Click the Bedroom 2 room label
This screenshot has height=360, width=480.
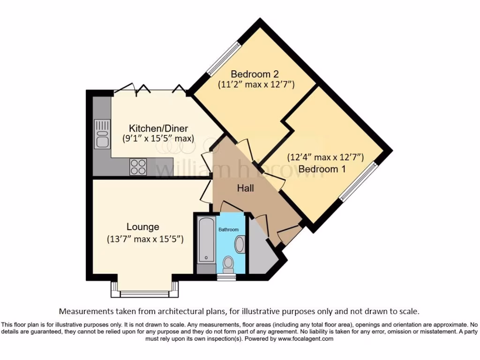coord(251,74)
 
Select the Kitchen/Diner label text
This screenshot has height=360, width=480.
coord(158,128)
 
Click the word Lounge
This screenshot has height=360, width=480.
coord(143,227)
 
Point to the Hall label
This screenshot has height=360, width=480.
coord(245,188)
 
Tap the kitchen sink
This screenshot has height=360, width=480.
coord(102,133)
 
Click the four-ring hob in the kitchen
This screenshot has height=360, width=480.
coord(138,166)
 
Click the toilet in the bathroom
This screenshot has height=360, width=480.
coord(229,264)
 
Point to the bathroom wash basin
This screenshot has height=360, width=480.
coord(240,244)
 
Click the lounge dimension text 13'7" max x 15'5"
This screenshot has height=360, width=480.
coord(144,239)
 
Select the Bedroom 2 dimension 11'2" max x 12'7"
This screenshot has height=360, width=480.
coord(256,85)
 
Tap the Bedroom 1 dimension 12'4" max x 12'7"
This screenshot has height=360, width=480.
coord(325,157)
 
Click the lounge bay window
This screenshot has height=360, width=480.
coord(145,293)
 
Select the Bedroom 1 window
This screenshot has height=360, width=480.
coord(358,181)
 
